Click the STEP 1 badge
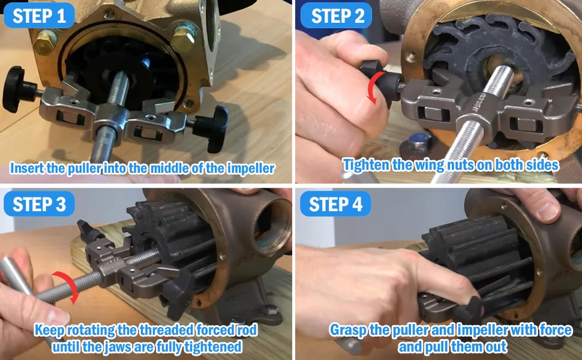pos(39,16)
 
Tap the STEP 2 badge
pos(336,16)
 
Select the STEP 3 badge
pos(39,204)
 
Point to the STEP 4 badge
pos(335,204)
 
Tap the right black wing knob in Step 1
pos(211,128)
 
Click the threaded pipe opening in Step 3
pos(273,227)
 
